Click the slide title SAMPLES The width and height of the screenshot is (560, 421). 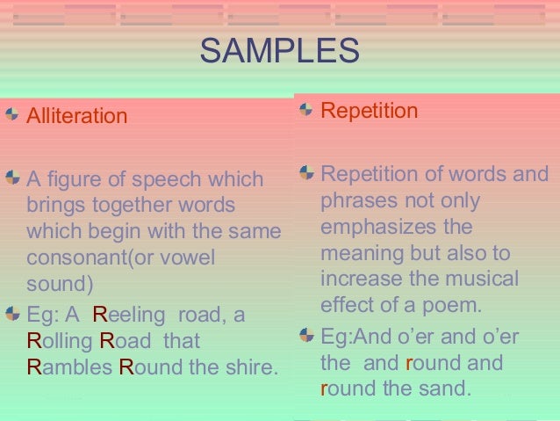(279, 51)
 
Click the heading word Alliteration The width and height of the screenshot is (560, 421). (76, 116)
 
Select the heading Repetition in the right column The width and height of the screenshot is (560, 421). (369, 111)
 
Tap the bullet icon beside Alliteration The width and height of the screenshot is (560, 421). (11, 114)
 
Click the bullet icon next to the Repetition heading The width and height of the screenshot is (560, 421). (305, 110)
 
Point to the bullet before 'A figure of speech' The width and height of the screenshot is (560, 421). (11, 178)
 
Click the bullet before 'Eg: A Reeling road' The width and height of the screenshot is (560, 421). (11, 313)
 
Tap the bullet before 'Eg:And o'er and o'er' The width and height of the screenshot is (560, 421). (305, 335)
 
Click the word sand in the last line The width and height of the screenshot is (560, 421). (449, 388)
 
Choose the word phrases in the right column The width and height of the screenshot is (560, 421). (356, 200)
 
